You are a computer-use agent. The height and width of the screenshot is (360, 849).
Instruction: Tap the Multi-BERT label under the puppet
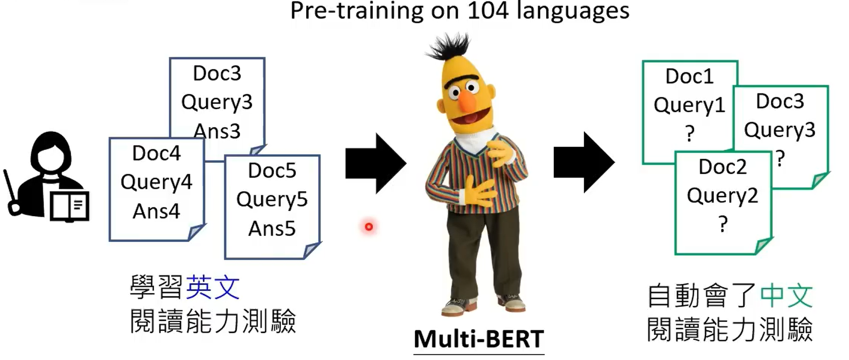click(478, 339)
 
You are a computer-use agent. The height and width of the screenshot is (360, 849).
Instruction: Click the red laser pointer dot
click(369, 227)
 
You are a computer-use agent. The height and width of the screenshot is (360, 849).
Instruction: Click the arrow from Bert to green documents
click(584, 162)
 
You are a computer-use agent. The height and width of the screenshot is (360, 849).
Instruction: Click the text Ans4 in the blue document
click(156, 211)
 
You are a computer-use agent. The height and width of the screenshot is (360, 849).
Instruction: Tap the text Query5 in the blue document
click(272, 200)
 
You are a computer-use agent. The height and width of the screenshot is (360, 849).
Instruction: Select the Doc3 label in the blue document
click(217, 73)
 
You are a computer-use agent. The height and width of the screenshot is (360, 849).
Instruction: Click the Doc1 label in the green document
click(689, 76)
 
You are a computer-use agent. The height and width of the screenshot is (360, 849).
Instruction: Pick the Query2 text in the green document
click(722, 195)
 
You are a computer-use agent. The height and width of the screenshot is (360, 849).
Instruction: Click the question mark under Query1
click(690, 133)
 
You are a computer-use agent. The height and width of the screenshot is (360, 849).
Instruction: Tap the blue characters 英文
click(213, 288)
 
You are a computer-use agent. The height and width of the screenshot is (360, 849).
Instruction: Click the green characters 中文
click(786, 296)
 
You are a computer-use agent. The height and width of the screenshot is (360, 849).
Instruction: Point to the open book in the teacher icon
click(70, 206)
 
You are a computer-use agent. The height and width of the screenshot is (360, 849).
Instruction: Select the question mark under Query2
click(723, 224)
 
